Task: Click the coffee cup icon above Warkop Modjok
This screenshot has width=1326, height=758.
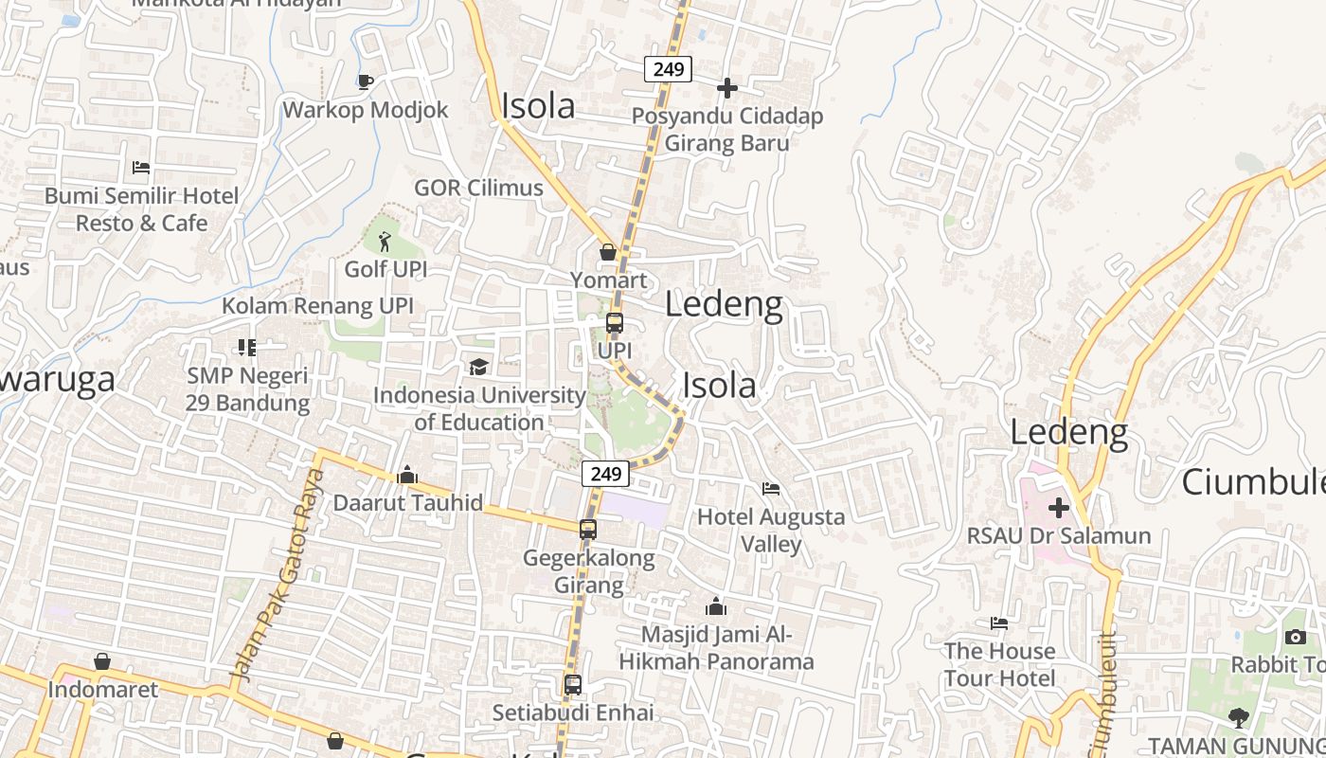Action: click(x=366, y=81)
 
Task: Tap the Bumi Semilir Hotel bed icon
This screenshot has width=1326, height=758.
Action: click(x=141, y=168)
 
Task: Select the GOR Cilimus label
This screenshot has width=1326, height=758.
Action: click(x=478, y=188)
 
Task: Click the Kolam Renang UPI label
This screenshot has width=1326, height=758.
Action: click(x=317, y=306)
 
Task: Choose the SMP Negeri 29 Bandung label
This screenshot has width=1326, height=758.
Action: click(x=248, y=389)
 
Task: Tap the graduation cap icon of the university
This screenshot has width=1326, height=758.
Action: click(x=478, y=367)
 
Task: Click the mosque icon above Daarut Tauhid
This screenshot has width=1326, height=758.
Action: click(x=407, y=475)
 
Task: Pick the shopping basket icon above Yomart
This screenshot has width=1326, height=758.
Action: click(x=608, y=252)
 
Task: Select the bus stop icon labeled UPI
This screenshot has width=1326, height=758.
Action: click(x=615, y=323)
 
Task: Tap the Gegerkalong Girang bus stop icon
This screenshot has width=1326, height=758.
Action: click(x=588, y=530)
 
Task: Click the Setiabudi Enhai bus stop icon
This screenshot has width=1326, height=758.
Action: click(x=573, y=684)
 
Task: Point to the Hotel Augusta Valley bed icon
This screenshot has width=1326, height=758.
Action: click(x=771, y=489)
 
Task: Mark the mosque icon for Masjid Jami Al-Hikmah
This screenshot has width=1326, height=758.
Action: click(x=716, y=605)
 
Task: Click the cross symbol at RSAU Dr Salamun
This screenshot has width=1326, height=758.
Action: click(x=1059, y=508)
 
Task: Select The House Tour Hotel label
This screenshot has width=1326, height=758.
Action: click(x=999, y=664)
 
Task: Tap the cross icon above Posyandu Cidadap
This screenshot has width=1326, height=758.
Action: click(x=727, y=88)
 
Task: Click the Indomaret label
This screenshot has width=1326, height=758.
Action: click(x=103, y=689)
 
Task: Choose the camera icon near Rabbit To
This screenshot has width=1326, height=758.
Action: click(x=1296, y=637)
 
